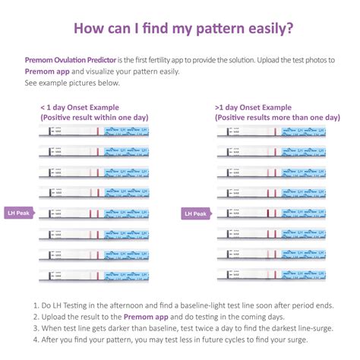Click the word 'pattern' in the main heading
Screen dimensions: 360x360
coord(214,29)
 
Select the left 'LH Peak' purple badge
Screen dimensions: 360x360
coord(21,213)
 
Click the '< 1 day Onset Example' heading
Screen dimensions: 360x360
coord(81,107)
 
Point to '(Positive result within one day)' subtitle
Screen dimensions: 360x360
coord(95,117)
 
